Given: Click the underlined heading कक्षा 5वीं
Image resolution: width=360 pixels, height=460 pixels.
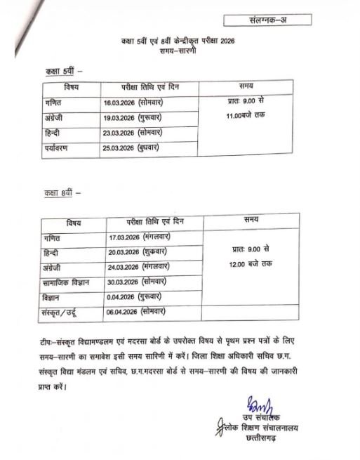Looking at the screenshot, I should [61, 72].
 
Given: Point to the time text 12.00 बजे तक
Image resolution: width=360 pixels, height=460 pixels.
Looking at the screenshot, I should [255, 263].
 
